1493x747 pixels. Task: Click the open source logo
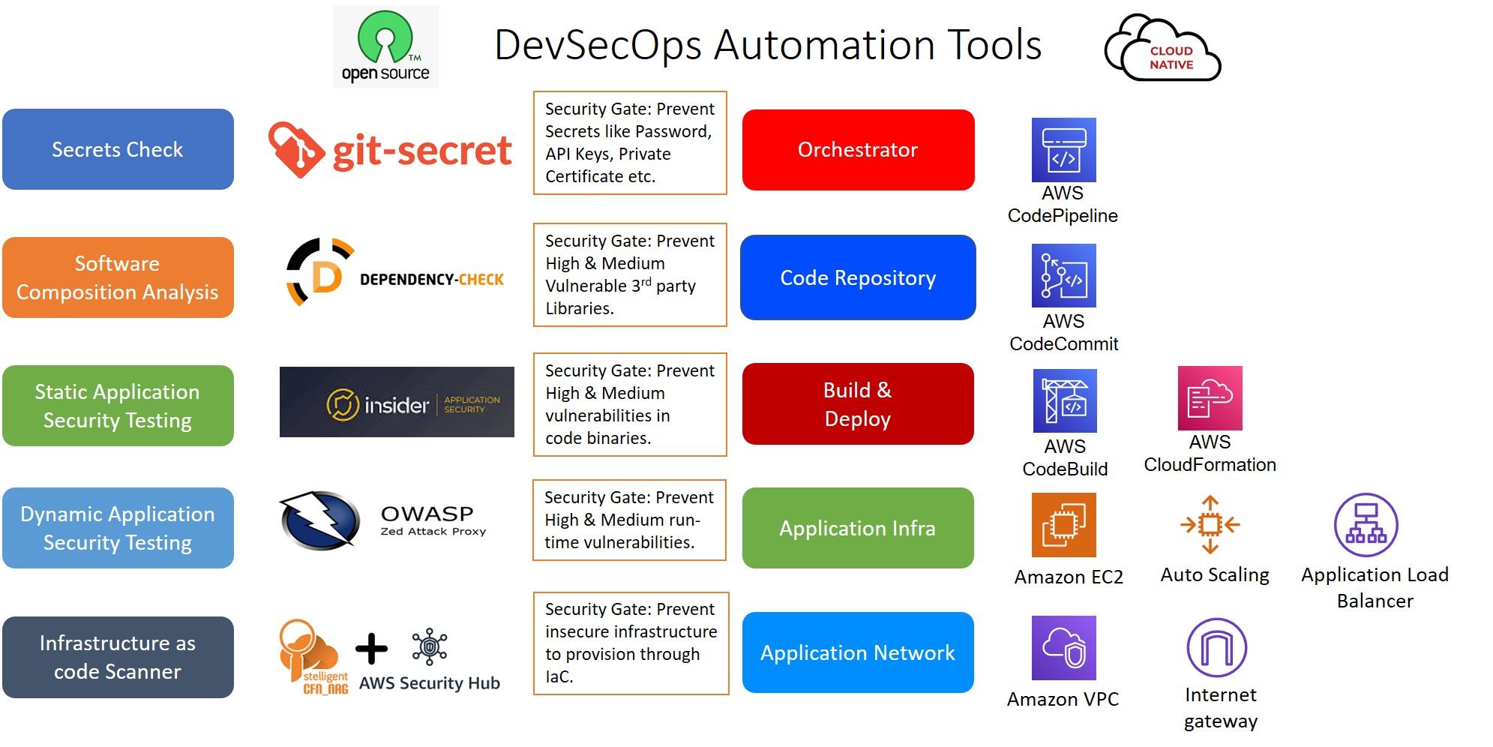pyautogui.click(x=385, y=46)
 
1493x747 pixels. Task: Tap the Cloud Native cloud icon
pyautogui.click(x=1163, y=49)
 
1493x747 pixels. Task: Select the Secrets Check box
pyautogui.click(x=118, y=149)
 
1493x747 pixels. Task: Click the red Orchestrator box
pyautogui.click(x=858, y=149)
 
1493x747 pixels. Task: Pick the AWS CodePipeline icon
pyautogui.click(x=1063, y=149)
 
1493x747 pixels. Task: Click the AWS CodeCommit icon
pyautogui.click(x=1063, y=275)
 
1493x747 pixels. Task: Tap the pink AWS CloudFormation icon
pyautogui.click(x=1210, y=397)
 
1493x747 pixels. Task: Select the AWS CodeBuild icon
pyautogui.click(x=1065, y=400)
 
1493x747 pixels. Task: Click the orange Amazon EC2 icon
pyautogui.click(x=1063, y=524)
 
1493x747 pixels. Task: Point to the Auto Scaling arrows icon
pyautogui.click(x=1210, y=524)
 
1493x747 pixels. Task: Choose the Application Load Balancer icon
pyautogui.click(x=1366, y=524)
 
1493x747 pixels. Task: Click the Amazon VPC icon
pyautogui.click(x=1063, y=648)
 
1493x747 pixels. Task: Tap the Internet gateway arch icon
pyautogui.click(x=1216, y=647)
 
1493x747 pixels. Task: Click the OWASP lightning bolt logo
pyautogui.click(x=319, y=519)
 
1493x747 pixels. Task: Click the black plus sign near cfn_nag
pyautogui.click(x=371, y=649)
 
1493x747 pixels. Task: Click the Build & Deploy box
pyautogui.click(x=858, y=403)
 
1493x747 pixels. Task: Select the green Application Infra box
pyautogui.click(x=858, y=528)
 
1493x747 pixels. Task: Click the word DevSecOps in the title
pyautogui.click(x=598, y=45)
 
